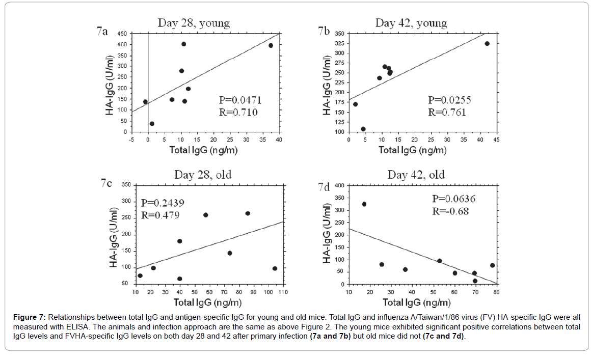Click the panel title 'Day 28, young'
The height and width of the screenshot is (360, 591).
coord(194,23)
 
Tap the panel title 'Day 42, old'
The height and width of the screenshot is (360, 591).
coord(416,175)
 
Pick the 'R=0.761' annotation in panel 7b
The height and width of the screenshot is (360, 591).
coord(447,112)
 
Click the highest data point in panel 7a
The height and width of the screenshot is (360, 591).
coord(184,44)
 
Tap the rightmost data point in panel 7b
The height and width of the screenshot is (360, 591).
coord(487,44)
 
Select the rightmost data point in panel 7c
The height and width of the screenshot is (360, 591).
coord(275,268)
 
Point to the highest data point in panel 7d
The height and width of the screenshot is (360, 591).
coord(364,204)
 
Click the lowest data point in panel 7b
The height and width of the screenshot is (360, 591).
coord(363,129)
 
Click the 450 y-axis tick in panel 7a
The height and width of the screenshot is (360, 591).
coord(122,34)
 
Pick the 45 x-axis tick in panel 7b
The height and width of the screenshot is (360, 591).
coord(497,140)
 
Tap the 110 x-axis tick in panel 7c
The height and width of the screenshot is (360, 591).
coord(283,292)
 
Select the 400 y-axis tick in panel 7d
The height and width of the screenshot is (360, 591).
coord(340,185)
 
